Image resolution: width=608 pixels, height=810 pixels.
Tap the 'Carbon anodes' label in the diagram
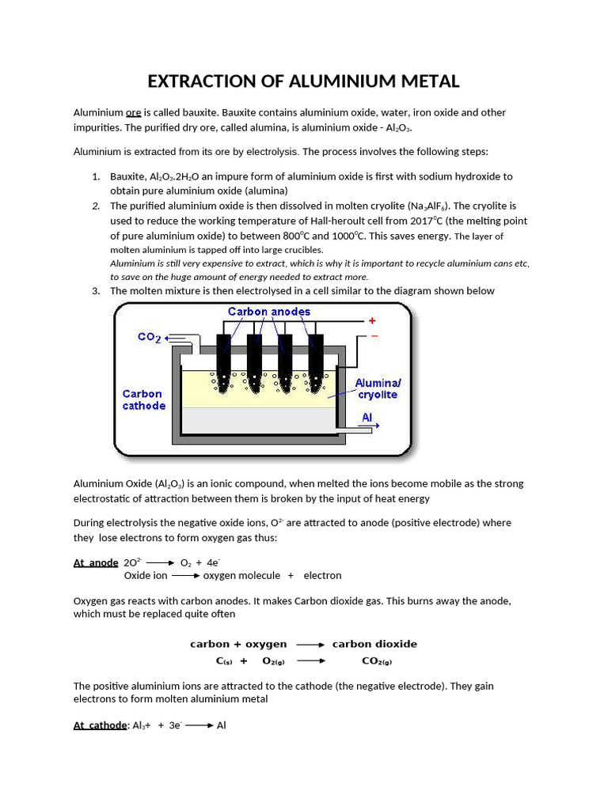point(269,312)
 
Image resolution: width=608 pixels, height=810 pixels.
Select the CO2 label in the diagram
point(150,337)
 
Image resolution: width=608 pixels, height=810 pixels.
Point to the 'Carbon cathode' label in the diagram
point(143,399)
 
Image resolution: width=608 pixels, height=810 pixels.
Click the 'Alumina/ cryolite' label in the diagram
point(378,388)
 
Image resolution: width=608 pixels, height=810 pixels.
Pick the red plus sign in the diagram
point(372,321)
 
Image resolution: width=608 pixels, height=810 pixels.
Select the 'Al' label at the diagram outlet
point(367,417)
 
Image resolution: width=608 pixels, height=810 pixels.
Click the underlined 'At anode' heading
point(96,562)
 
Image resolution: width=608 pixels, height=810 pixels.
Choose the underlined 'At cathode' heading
point(100,725)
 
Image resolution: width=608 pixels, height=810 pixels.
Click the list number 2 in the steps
point(95,206)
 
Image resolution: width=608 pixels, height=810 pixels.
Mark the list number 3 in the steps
point(95,291)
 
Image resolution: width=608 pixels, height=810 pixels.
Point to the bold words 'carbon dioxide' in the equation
point(374,644)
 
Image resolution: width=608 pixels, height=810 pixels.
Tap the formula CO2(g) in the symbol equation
point(377,660)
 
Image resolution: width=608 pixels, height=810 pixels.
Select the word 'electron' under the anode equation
point(322,575)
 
